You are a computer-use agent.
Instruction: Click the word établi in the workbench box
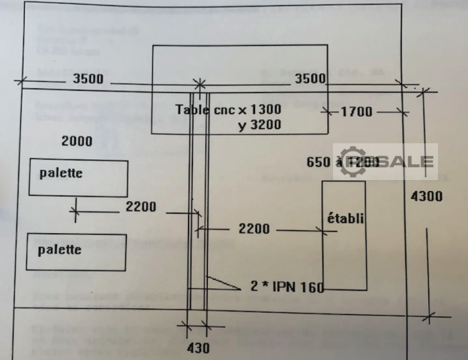pos(345,219)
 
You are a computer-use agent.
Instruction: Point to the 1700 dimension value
pos(355,112)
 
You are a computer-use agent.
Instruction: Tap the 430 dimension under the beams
pos(198,347)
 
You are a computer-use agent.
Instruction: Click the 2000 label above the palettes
pos(77,141)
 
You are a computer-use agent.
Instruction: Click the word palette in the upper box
pos(60,173)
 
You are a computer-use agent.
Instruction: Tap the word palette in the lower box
pos(60,250)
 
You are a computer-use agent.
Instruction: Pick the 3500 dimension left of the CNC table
pos(89,77)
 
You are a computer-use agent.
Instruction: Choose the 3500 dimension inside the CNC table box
pos(310,78)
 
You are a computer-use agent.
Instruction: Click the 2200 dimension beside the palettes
pos(141,208)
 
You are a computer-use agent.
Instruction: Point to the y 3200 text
pos(259,125)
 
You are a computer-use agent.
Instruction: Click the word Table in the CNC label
pos(192,109)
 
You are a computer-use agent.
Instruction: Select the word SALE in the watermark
pos(409,161)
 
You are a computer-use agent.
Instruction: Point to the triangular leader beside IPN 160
pos(220,283)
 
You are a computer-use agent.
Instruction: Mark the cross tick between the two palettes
pos(74,210)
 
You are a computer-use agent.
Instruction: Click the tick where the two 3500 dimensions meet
pos(199,83)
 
